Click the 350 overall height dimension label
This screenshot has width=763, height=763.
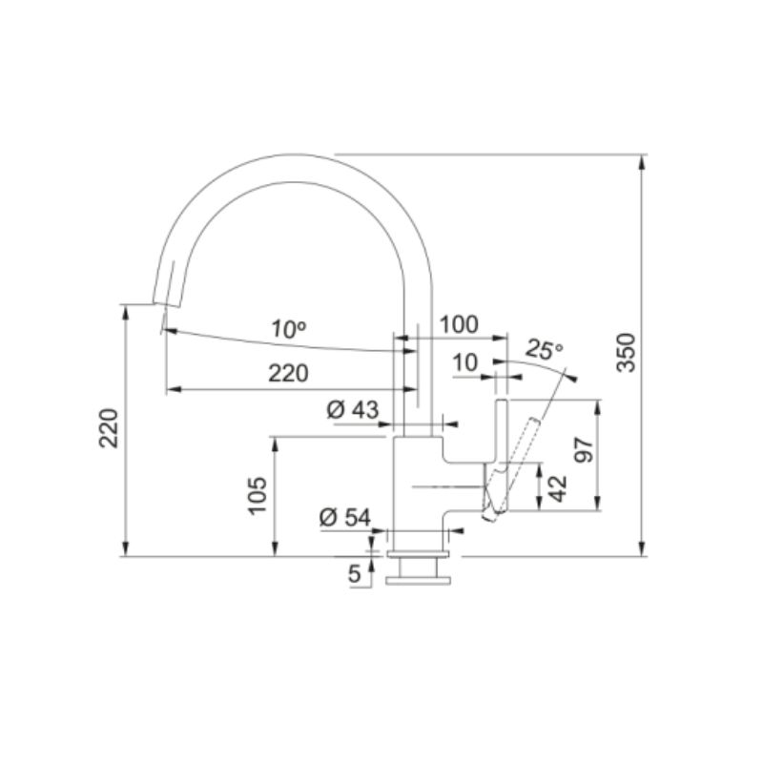pyautogui.click(x=627, y=353)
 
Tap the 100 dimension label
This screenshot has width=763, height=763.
pyautogui.click(x=459, y=324)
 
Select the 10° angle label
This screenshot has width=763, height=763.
pyautogui.click(x=289, y=329)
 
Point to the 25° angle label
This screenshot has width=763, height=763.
pyautogui.click(x=544, y=349)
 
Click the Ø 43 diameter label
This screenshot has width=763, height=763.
pyautogui.click(x=352, y=410)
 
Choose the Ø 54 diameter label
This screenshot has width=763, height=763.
pyautogui.click(x=345, y=517)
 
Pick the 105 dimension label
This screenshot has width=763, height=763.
pyautogui.click(x=258, y=495)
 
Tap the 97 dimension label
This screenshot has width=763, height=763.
pyautogui.click(x=584, y=450)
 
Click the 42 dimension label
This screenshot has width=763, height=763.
pyautogui.click(x=558, y=488)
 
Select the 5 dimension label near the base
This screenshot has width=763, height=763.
pyautogui.click(x=355, y=574)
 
